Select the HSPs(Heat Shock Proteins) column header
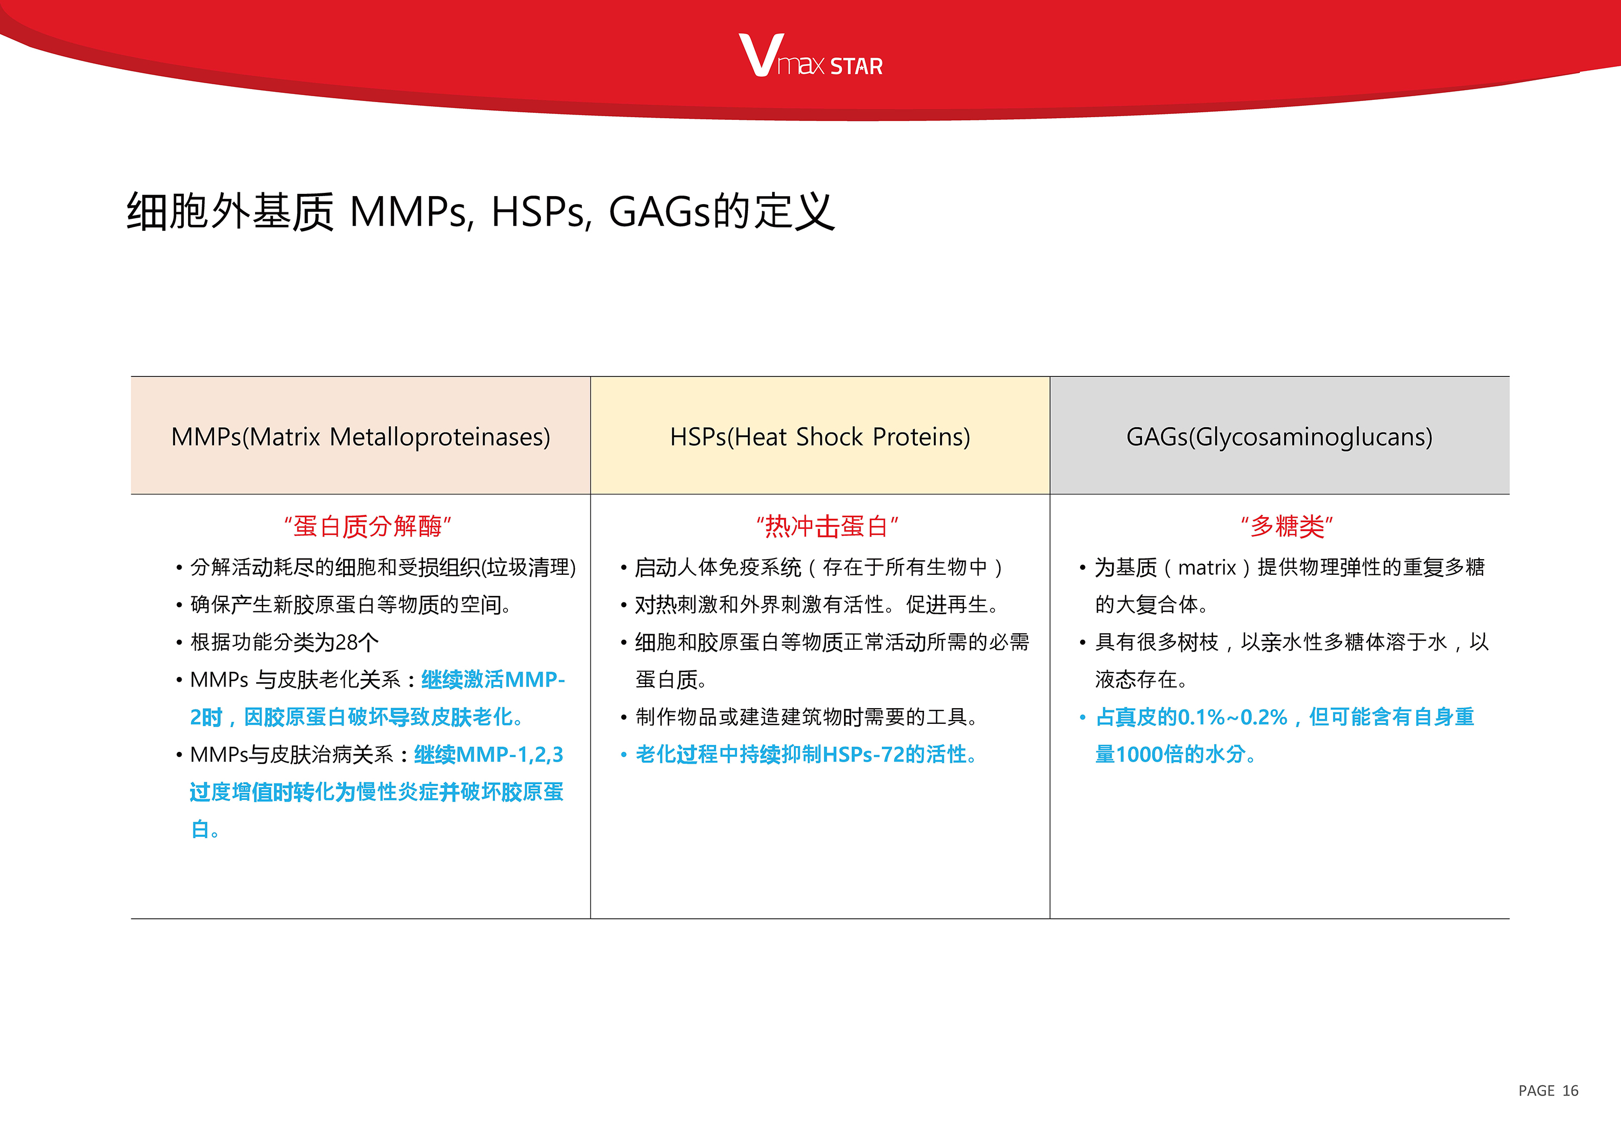coord(820,436)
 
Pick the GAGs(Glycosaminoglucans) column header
coord(1279,436)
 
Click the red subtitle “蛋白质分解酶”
coord(367,526)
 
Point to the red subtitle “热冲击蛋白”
coord(827,526)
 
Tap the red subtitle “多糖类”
coord(1286,526)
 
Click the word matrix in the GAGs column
coord(1207,567)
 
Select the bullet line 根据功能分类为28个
coord(284,642)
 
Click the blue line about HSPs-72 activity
coord(806,754)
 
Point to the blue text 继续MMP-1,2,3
coord(489,754)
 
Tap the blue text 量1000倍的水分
coord(1175,754)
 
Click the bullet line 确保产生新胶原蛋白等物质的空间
coord(350,604)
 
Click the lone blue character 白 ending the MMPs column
coord(200,830)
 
